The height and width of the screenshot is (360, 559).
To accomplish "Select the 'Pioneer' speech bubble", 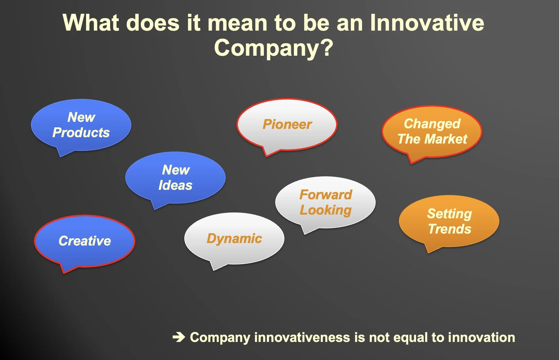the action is pyautogui.click(x=287, y=125).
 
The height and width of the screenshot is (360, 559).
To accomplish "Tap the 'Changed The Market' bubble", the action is pyautogui.click(x=432, y=132).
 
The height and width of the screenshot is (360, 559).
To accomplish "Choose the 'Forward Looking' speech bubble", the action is pyautogui.click(x=325, y=202).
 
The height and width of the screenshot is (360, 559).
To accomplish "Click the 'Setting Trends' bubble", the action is pyautogui.click(x=449, y=221).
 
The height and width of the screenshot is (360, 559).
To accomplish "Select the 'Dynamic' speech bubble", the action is pyautogui.click(x=234, y=238).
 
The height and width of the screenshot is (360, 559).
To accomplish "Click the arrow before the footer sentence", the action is pyautogui.click(x=179, y=337).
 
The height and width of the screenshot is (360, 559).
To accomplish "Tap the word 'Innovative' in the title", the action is pyautogui.click(x=427, y=23).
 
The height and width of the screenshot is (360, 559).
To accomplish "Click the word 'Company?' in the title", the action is pyautogui.click(x=273, y=48).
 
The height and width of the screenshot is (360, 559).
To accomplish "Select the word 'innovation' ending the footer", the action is pyautogui.click(x=482, y=337).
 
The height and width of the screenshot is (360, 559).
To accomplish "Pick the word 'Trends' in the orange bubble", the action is pyautogui.click(x=450, y=229).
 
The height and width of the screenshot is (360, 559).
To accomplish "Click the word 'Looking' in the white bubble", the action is pyautogui.click(x=326, y=210).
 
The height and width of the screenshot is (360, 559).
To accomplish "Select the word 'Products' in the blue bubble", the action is pyautogui.click(x=81, y=133).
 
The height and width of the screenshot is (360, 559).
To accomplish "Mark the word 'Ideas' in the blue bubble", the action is pyautogui.click(x=175, y=185).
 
